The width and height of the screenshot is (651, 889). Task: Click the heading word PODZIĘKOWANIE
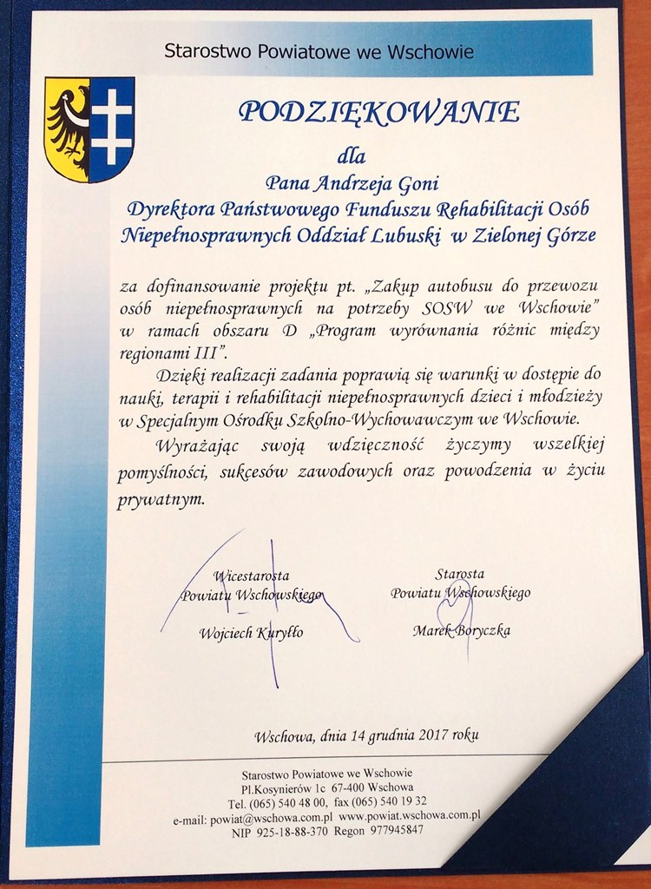[379, 112]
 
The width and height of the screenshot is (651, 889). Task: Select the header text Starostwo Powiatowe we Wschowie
[319, 52]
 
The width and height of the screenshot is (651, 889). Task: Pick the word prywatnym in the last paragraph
[161, 500]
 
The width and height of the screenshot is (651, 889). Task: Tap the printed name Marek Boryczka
[461, 630]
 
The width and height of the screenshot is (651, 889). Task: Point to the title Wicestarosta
[251, 575]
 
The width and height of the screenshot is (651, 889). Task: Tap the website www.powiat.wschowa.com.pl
[409, 816]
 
